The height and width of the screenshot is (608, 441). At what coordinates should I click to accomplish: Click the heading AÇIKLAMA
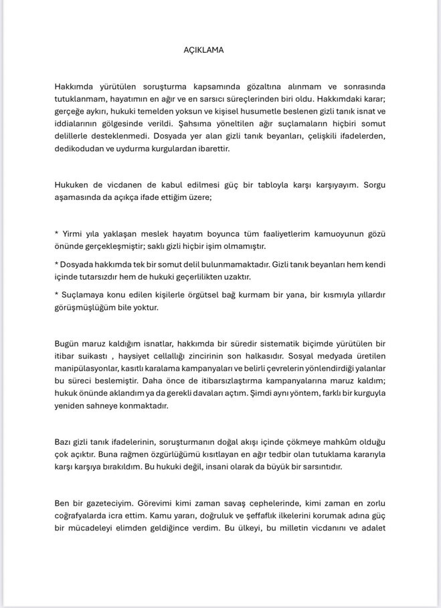click(203, 50)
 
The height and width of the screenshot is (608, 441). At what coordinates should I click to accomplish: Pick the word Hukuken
click(72, 185)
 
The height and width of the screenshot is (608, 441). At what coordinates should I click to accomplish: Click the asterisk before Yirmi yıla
click(56, 235)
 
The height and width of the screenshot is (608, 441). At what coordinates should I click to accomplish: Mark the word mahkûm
click(318, 442)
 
